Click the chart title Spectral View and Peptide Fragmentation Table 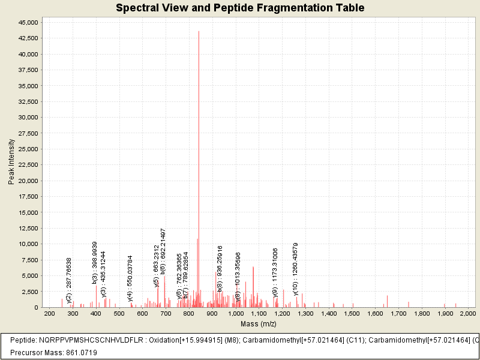[x=240, y=8]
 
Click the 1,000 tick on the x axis [x=236, y=313]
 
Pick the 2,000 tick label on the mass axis [x=468, y=313]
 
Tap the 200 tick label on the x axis [x=50, y=313]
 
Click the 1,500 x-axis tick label [x=352, y=313]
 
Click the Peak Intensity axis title [x=11, y=161]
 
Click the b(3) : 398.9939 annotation [x=95, y=262]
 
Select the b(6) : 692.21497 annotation [x=163, y=251]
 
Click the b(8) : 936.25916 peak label [x=220, y=268]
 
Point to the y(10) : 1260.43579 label [x=296, y=269]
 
